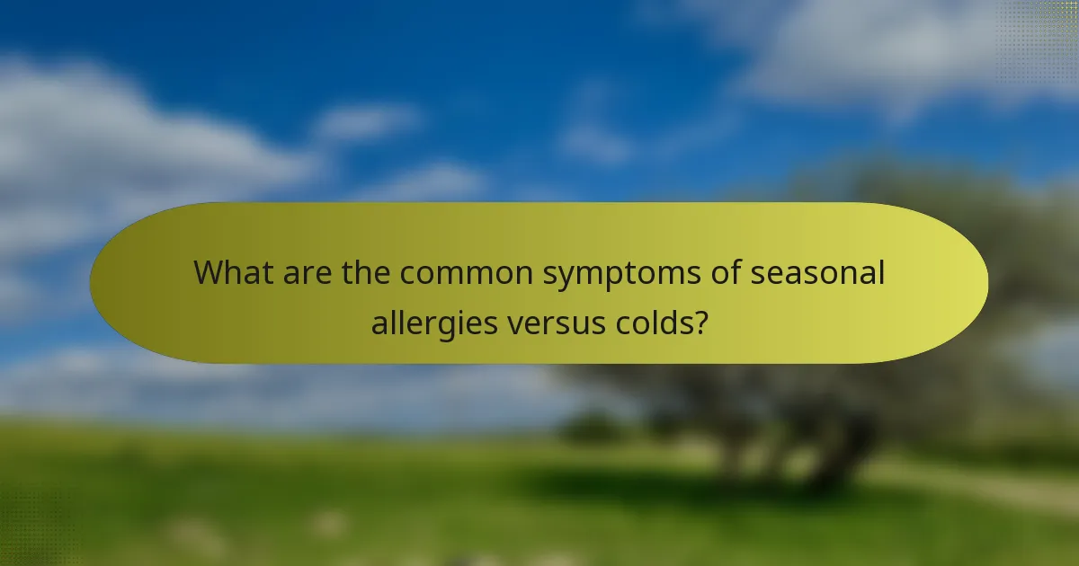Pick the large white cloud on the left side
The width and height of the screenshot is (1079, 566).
coord(135,153)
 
